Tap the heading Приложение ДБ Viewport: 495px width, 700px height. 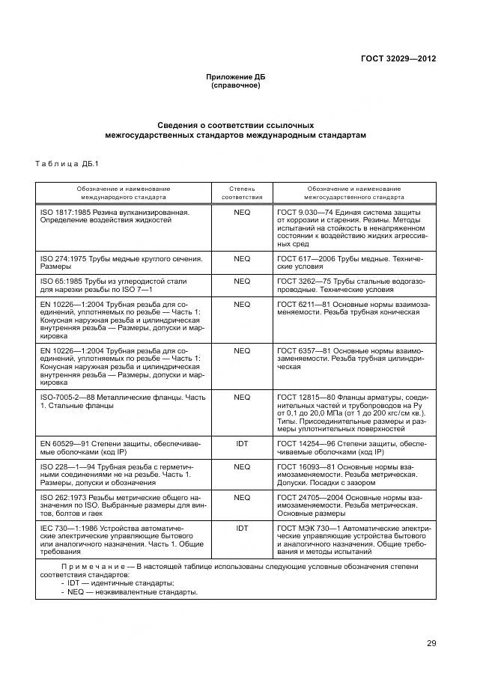click(236, 77)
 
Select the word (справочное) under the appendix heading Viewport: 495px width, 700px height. click(236, 85)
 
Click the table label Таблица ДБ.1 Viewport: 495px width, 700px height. click(67, 163)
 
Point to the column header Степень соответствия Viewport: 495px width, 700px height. click(241, 192)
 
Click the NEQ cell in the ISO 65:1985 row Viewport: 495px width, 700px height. click(242, 281)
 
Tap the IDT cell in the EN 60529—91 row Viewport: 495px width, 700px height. click(242, 444)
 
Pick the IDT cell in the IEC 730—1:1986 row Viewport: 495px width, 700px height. click(242, 528)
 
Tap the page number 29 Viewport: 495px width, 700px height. click(431, 642)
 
